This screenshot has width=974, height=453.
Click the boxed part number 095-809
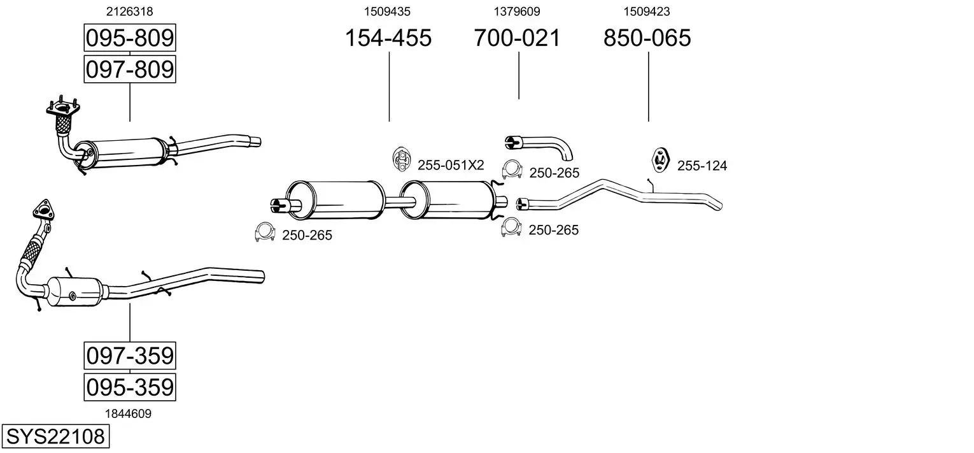coord(129,38)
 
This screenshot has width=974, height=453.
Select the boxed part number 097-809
coord(129,69)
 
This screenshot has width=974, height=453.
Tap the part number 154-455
coord(388,38)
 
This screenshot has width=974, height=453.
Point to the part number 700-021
coord(517,38)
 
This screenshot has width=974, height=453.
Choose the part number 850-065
coord(647,38)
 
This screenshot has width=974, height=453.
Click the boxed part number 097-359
coord(129,356)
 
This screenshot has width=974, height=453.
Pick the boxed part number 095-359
coord(129,387)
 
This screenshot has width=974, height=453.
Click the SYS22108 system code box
coord(55,437)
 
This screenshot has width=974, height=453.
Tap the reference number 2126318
coord(129,11)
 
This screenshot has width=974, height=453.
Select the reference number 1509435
coord(387,11)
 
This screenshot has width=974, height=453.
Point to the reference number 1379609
coord(517,11)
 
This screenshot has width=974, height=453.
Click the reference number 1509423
coord(647,11)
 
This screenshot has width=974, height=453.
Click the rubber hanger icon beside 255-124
coord(660,160)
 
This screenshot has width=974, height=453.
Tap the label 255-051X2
coord(451,166)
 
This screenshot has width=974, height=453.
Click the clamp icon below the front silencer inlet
coord(264,233)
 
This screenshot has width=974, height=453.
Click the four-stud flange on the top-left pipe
coord(62,108)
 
